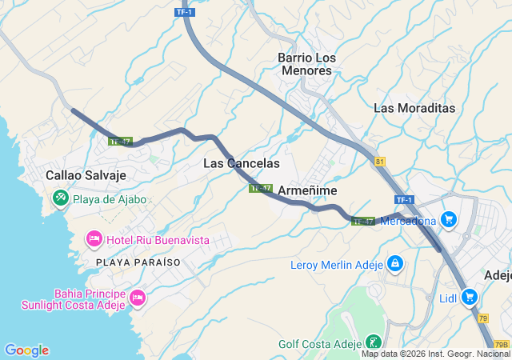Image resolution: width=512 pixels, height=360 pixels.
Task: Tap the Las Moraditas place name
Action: (414, 108)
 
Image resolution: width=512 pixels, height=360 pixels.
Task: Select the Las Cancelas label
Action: (242, 163)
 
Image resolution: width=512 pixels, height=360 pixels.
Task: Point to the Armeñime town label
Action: (307, 190)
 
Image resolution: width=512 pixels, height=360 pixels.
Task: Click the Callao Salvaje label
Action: (86, 174)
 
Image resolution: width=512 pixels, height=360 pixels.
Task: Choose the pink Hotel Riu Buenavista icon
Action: (94, 239)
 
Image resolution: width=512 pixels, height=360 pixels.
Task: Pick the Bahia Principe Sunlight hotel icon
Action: (137, 298)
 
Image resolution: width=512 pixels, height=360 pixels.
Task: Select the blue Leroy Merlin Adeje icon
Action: (394, 263)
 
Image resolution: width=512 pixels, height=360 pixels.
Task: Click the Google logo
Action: (26, 350)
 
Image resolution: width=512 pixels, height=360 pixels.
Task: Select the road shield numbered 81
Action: (379, 161)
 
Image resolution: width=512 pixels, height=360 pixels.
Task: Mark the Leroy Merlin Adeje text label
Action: (337, 264)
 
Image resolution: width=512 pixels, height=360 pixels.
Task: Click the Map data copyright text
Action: (435, 354)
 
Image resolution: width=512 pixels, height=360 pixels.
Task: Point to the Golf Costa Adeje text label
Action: (320, 345)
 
